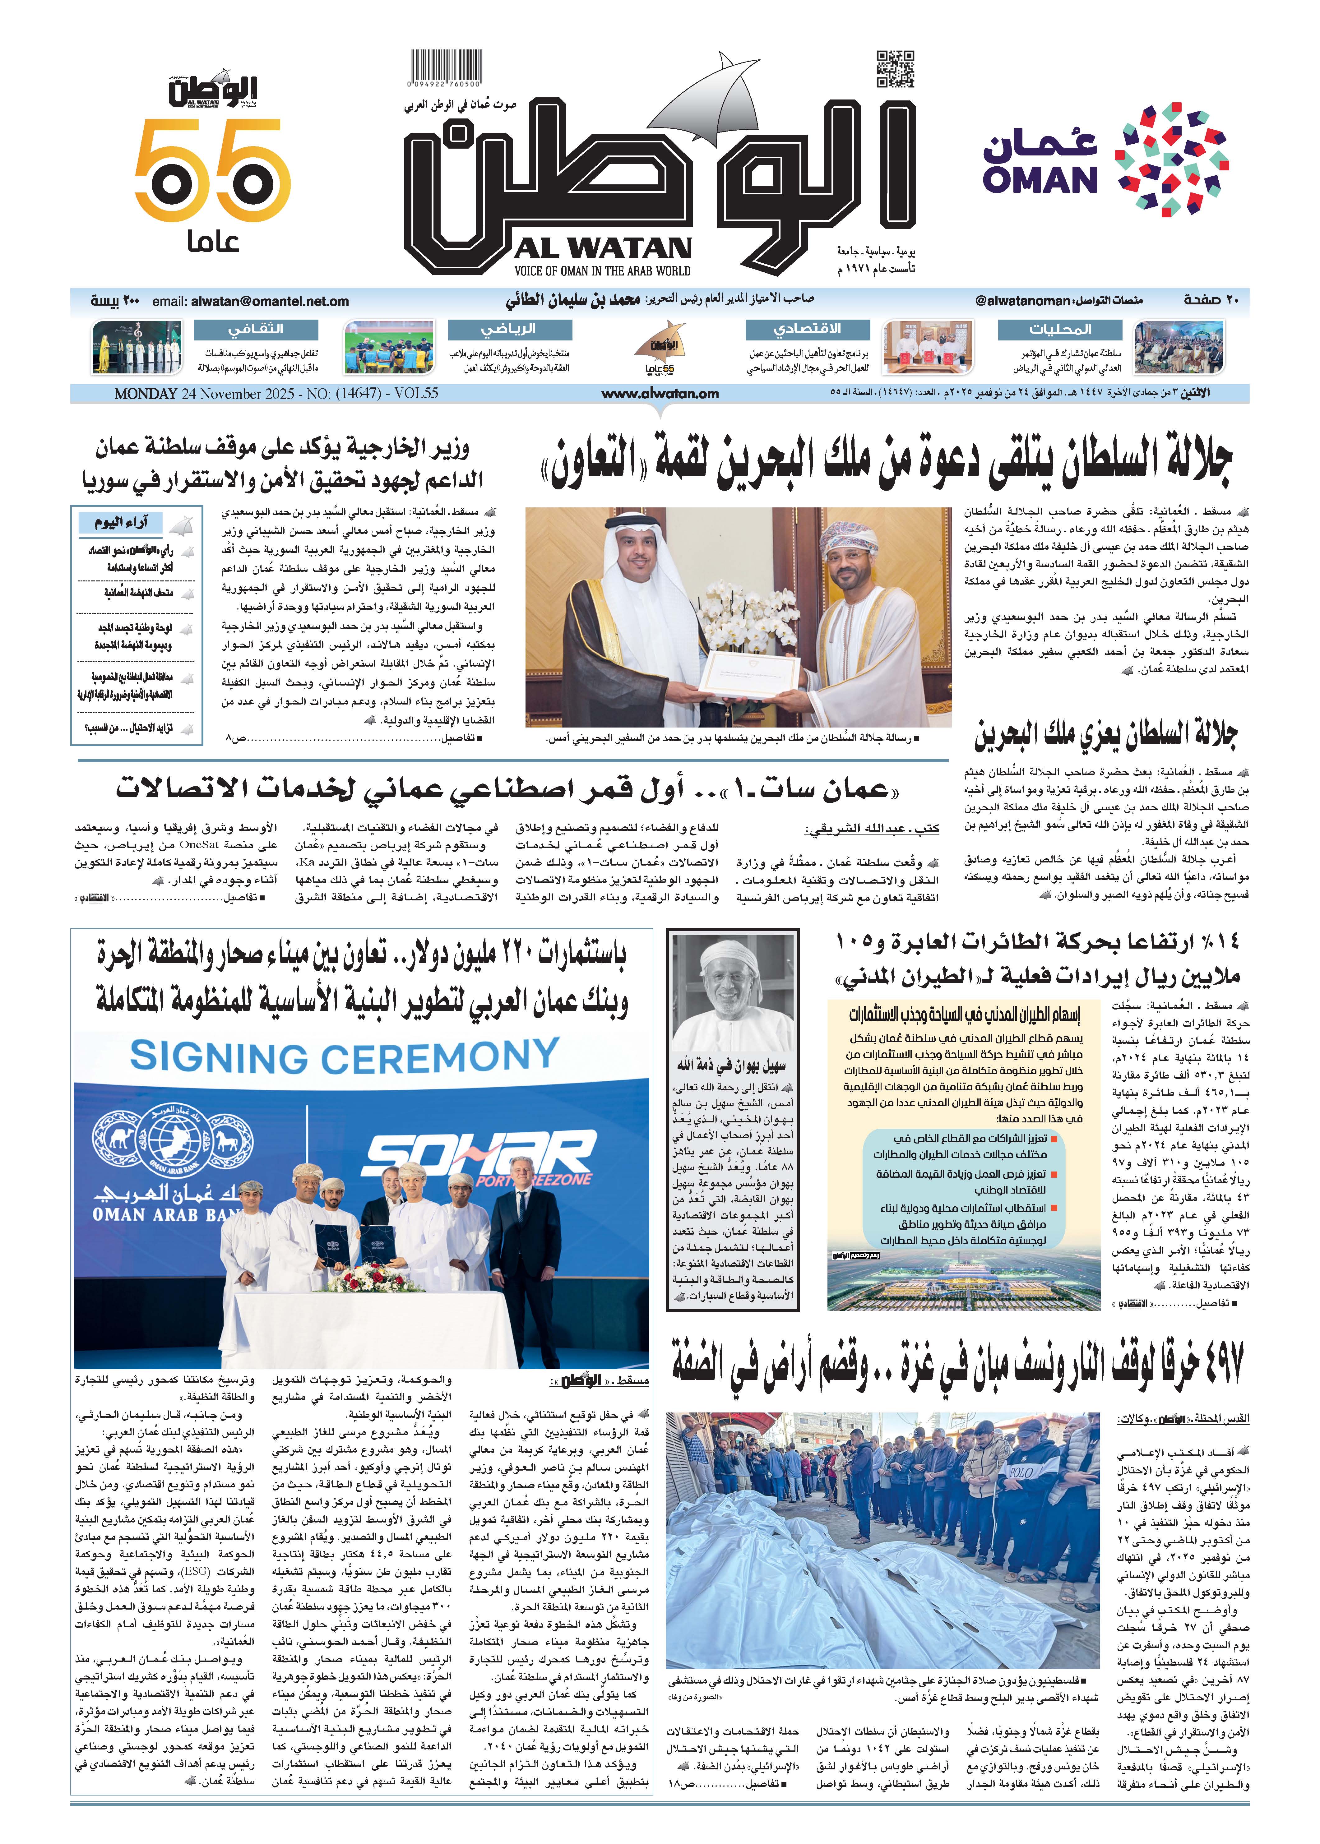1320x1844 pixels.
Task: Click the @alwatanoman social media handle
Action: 1022,301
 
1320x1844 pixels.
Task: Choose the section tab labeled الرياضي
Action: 509,329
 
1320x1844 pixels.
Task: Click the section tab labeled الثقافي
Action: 255,329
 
